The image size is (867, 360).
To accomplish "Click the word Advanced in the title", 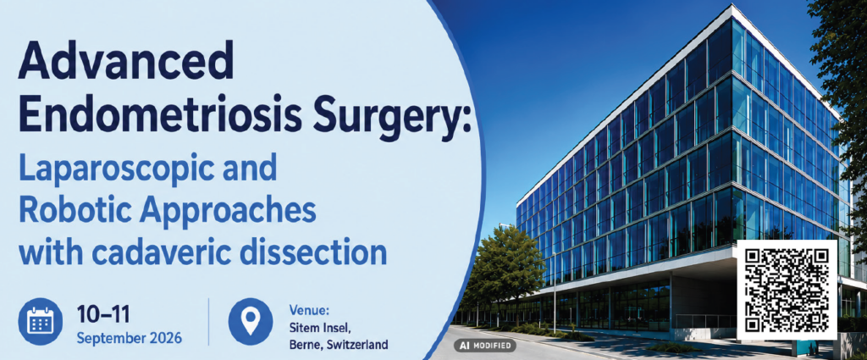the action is [125, 61].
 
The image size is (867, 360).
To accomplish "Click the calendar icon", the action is [41, 321].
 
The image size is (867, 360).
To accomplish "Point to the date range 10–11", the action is [103, 314].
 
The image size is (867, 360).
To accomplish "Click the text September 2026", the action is [129, 337].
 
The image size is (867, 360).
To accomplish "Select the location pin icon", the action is [251, 321].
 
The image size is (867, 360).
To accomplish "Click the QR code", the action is [787, 290].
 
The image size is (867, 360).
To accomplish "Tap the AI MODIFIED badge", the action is [485, 346].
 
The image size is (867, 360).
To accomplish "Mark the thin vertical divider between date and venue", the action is [208, 321].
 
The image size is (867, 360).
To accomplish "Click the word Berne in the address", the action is [305, 345].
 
